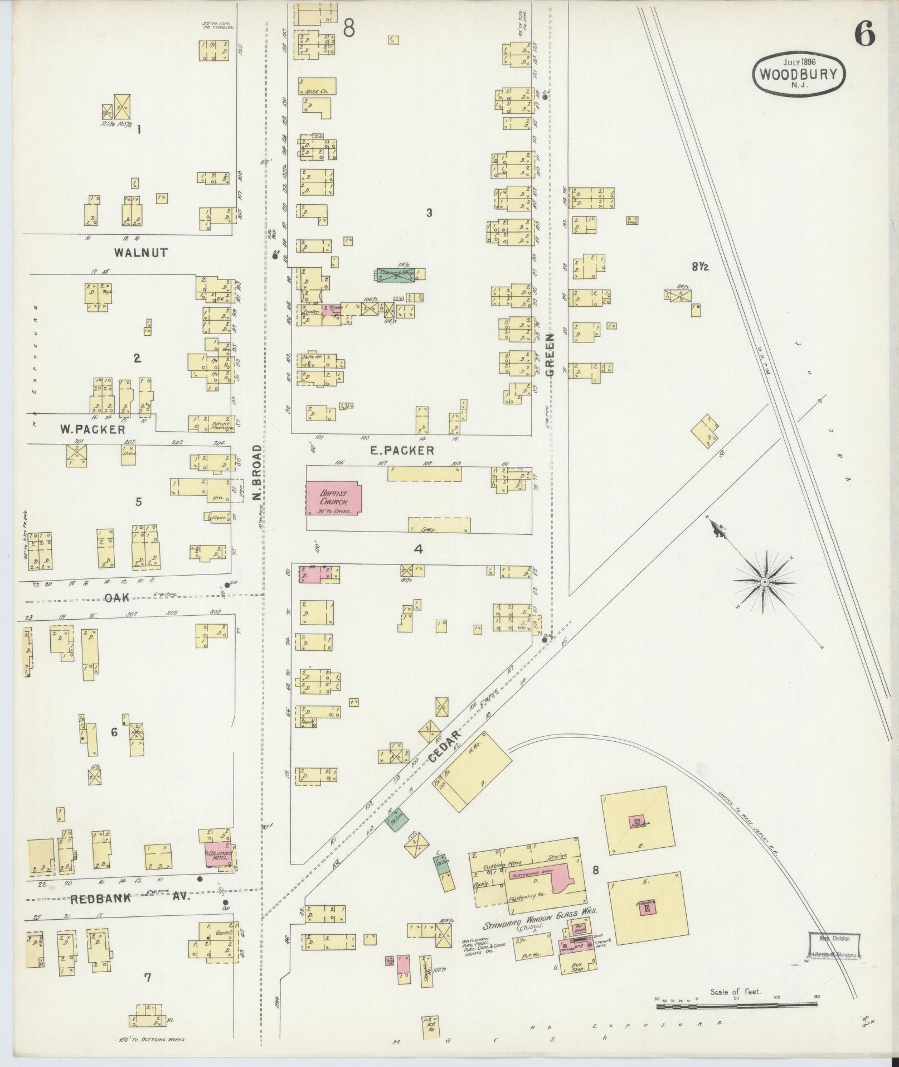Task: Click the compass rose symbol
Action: click(x=765, y=582)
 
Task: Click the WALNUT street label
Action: click(x=140, y=253)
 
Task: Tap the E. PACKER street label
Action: click(x=402, y=450)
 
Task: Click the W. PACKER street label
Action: click(x=92, y=430)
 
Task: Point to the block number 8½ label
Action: click(x=700, y=267)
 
